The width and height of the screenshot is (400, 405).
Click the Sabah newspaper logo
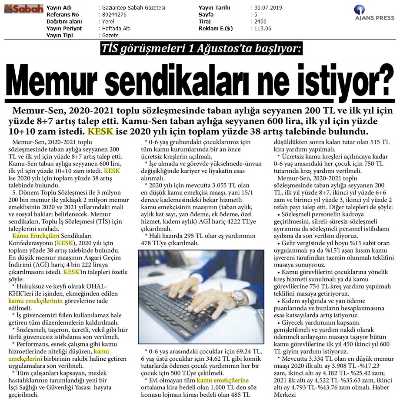click(x=24, y=8)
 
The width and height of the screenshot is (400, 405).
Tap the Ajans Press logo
click(x=374, y=13)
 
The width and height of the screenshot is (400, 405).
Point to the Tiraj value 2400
click(x=260, y=21)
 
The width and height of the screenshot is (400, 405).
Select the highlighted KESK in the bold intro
click(x=100, y=131)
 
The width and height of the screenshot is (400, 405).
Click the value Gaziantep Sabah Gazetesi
click(x=134, y=8)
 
